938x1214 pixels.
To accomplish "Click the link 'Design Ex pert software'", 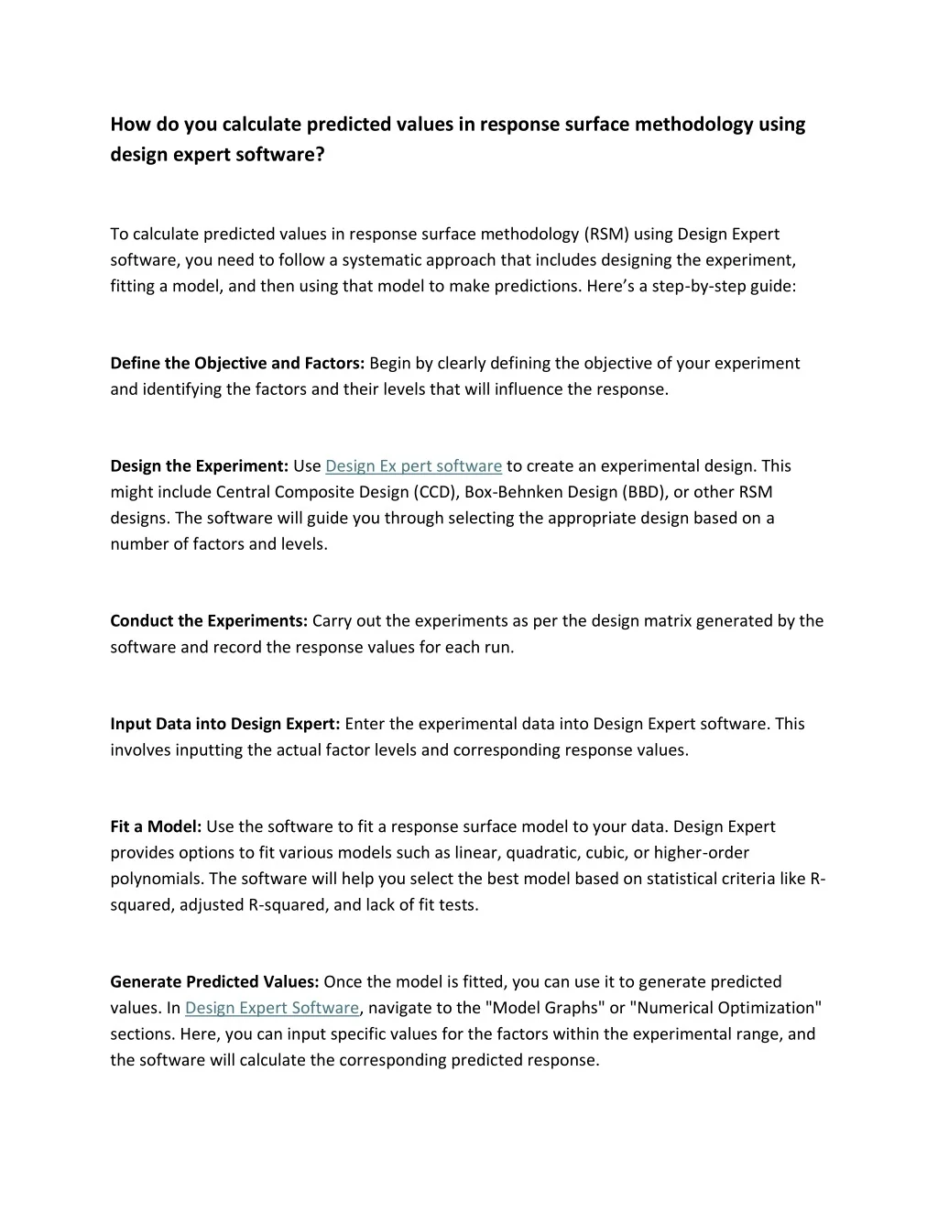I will point(413,466).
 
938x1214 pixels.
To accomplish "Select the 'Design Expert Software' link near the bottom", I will point(271,1008).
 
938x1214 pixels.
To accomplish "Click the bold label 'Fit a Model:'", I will point(156,826).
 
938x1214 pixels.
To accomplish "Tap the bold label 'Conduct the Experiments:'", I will point(209,621).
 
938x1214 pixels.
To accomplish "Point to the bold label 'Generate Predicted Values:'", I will point(214,982).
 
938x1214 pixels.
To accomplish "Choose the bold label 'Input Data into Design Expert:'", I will point(225,724).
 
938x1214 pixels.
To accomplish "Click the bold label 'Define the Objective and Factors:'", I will point(237,364).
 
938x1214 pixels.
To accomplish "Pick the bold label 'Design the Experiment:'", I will point(200,466).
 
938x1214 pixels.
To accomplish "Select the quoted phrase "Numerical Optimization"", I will point(725,1008).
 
